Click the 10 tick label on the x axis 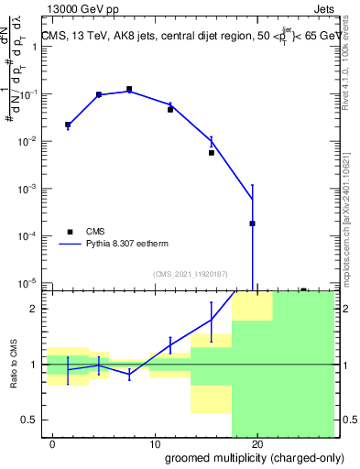155,443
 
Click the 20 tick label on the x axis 257,443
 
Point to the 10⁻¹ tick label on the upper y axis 27,93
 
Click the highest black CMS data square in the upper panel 129,89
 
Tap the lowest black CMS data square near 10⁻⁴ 252,224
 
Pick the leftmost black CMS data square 68,124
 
